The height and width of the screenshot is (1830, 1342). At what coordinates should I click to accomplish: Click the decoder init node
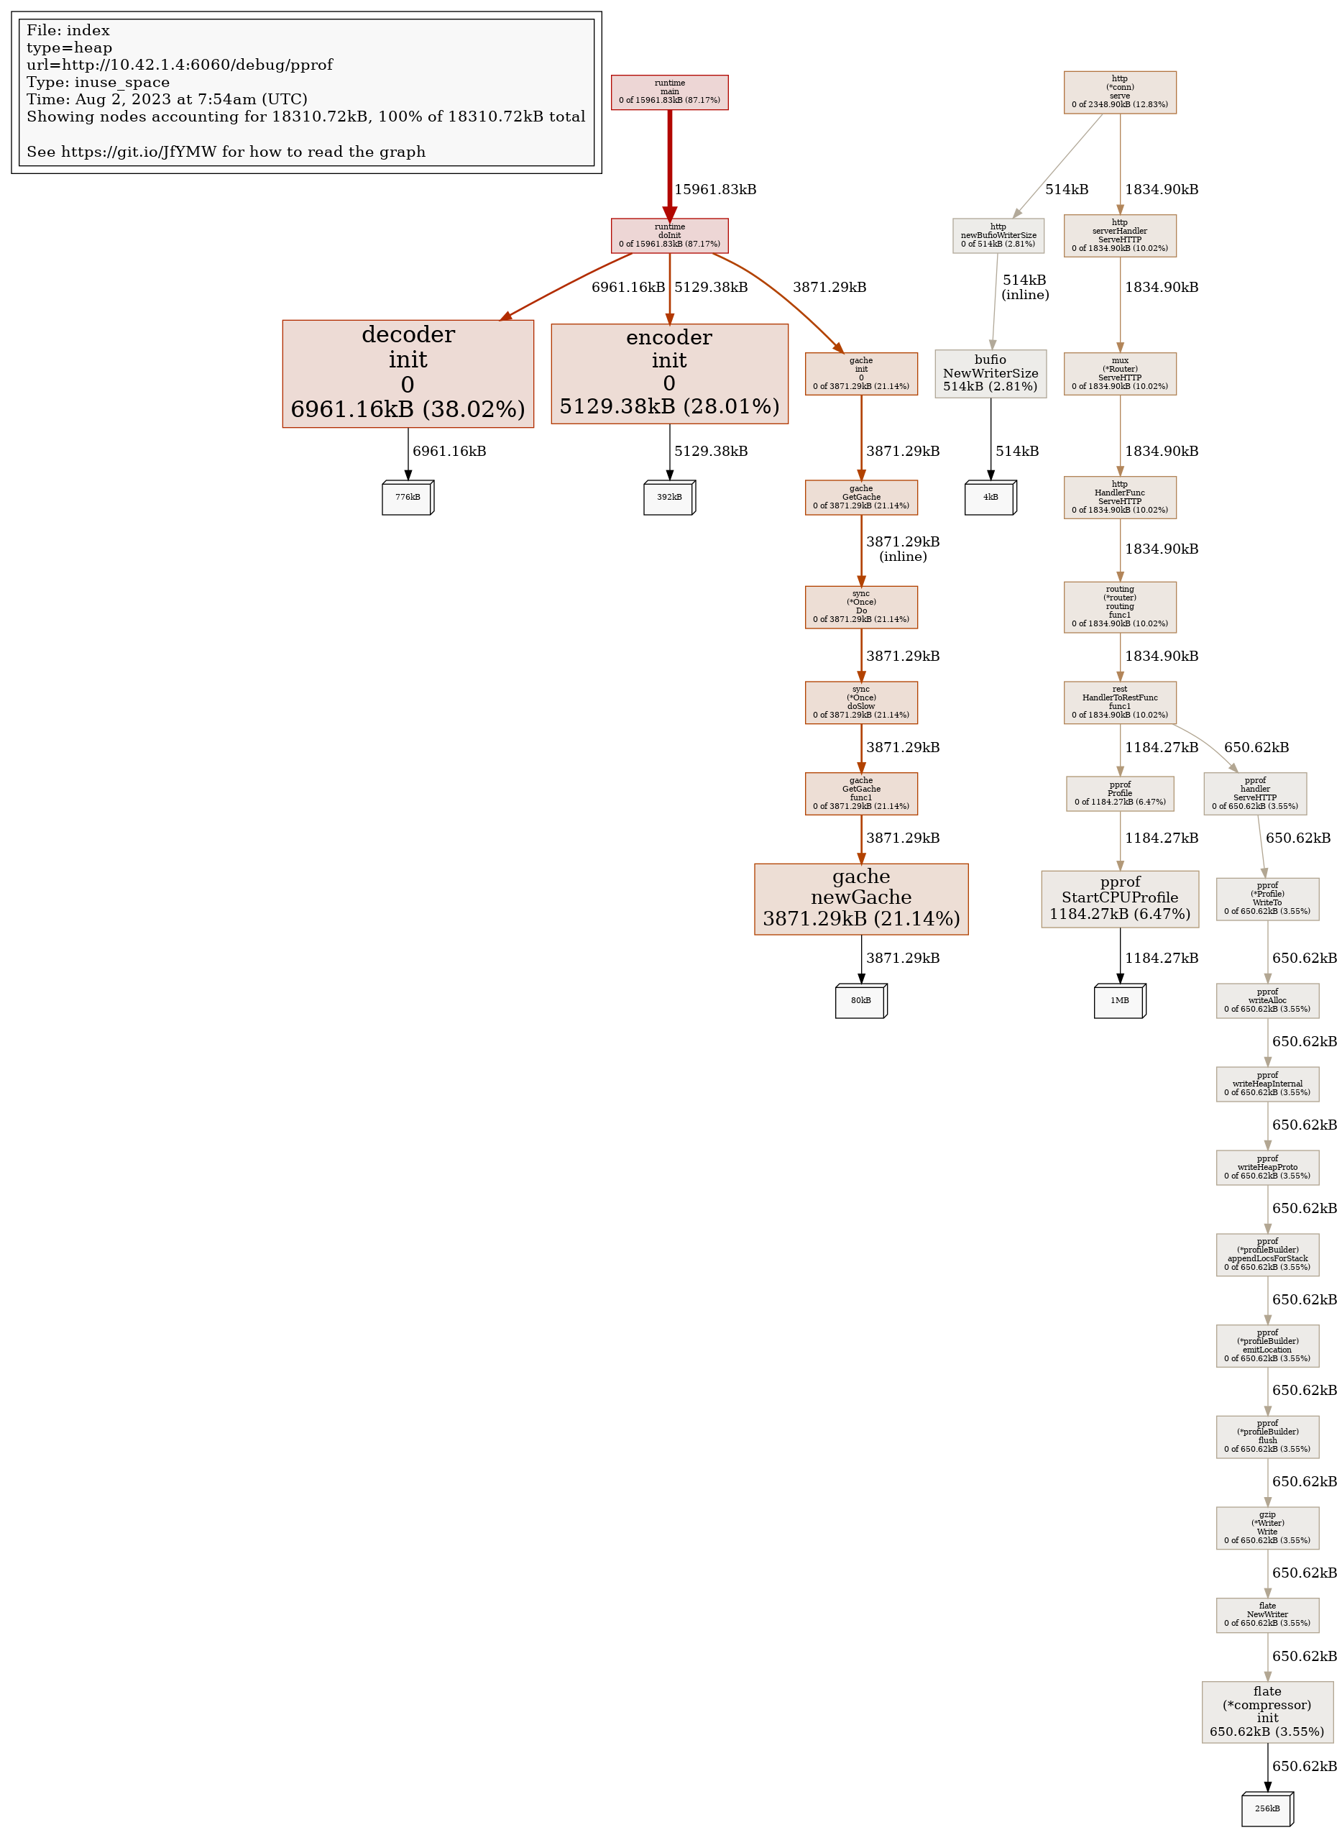[408, 373]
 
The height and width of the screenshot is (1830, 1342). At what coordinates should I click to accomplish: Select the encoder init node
[669, 373]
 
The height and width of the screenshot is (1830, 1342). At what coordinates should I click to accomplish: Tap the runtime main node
[669, 92]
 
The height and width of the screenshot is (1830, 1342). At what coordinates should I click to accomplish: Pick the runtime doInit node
[669, 235]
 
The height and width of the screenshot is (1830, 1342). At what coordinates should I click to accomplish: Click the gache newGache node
[861, 898]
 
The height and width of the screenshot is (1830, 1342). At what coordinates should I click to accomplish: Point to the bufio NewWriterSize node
[991, 373]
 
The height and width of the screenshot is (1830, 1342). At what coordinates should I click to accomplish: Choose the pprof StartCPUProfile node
[1119, 898]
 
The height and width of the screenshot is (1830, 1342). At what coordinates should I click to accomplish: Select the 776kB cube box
[408, 498]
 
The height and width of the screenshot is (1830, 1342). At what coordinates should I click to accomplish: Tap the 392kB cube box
[669, 498]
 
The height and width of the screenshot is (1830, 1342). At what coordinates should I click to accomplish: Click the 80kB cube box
[861, 1000]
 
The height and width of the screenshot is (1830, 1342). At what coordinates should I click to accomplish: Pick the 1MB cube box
[1119, 1000]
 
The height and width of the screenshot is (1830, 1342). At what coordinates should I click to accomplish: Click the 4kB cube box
[991, 498]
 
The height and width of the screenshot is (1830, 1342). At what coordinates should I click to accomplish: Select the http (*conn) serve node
[1119, 92]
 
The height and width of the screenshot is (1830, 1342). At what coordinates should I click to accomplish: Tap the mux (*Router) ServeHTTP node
[1119, 373]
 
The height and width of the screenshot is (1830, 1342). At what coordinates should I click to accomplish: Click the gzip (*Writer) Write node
[1267, 1528]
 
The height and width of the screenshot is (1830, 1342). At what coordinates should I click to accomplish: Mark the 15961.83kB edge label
[715, 189]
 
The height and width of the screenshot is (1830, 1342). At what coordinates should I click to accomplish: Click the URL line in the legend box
[180, 65]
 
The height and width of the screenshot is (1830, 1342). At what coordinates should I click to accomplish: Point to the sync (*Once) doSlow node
[861, 702]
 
